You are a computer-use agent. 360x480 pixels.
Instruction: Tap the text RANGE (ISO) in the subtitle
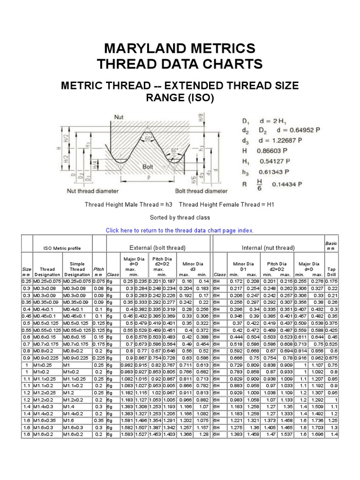click(180, 98)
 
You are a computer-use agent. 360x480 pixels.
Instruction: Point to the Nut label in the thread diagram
click(119, 116)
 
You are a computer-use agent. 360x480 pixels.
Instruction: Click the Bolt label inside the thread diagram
click(148, 166)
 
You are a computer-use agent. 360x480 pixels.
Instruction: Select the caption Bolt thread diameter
click(201, 191)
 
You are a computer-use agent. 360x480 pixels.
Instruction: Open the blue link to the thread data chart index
click(180, 230)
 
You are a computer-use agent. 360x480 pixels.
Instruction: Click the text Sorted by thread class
click(180, 217)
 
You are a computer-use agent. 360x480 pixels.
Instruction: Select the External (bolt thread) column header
click(157, 247)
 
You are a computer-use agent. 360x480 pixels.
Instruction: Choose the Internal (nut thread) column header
click(268, 247)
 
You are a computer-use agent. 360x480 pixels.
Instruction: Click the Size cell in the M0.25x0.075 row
click(26, 280)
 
